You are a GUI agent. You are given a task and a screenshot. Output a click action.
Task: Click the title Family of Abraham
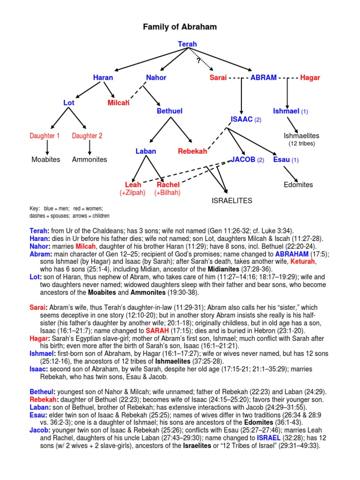[x=180, y=27]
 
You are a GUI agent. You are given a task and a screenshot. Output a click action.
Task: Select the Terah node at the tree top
[x=187, y=44]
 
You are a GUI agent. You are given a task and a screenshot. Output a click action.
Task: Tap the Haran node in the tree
[x=103, y=77]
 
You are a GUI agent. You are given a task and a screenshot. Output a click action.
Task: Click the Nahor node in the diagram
[x=156, y=77]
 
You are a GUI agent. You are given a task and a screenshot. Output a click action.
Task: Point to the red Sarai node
[x=218, y=77]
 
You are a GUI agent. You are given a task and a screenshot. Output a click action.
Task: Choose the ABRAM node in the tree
[x=263, y=77]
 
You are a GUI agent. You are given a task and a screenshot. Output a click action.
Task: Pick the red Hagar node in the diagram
[x=310, y=77]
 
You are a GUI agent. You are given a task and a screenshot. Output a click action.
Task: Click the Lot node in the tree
[x=69, y=102]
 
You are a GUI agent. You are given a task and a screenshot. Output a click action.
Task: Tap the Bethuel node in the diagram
[x=169, y=111]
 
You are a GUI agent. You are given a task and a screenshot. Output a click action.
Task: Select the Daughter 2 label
[x=87, y=136]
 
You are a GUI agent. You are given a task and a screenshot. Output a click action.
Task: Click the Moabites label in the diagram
[x=46, y=159]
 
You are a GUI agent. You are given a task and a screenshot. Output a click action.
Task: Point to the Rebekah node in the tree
[x=192, y=151]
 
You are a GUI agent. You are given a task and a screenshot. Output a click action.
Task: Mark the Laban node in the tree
[x=146, y=151]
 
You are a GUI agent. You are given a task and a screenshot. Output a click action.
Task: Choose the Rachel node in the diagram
[x=168, y=185]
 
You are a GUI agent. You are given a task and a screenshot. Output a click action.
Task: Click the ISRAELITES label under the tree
[x=232, y=201]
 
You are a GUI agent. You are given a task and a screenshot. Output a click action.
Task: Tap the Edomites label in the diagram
[x=298, y=185]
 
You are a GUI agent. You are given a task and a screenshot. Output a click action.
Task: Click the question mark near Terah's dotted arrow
[x=199, y=60]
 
